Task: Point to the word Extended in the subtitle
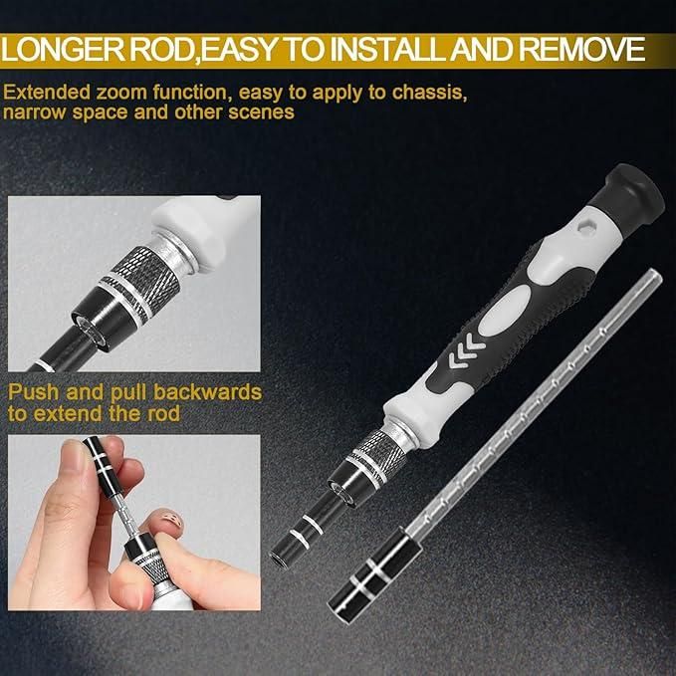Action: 43,93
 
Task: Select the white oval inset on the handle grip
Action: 508,303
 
